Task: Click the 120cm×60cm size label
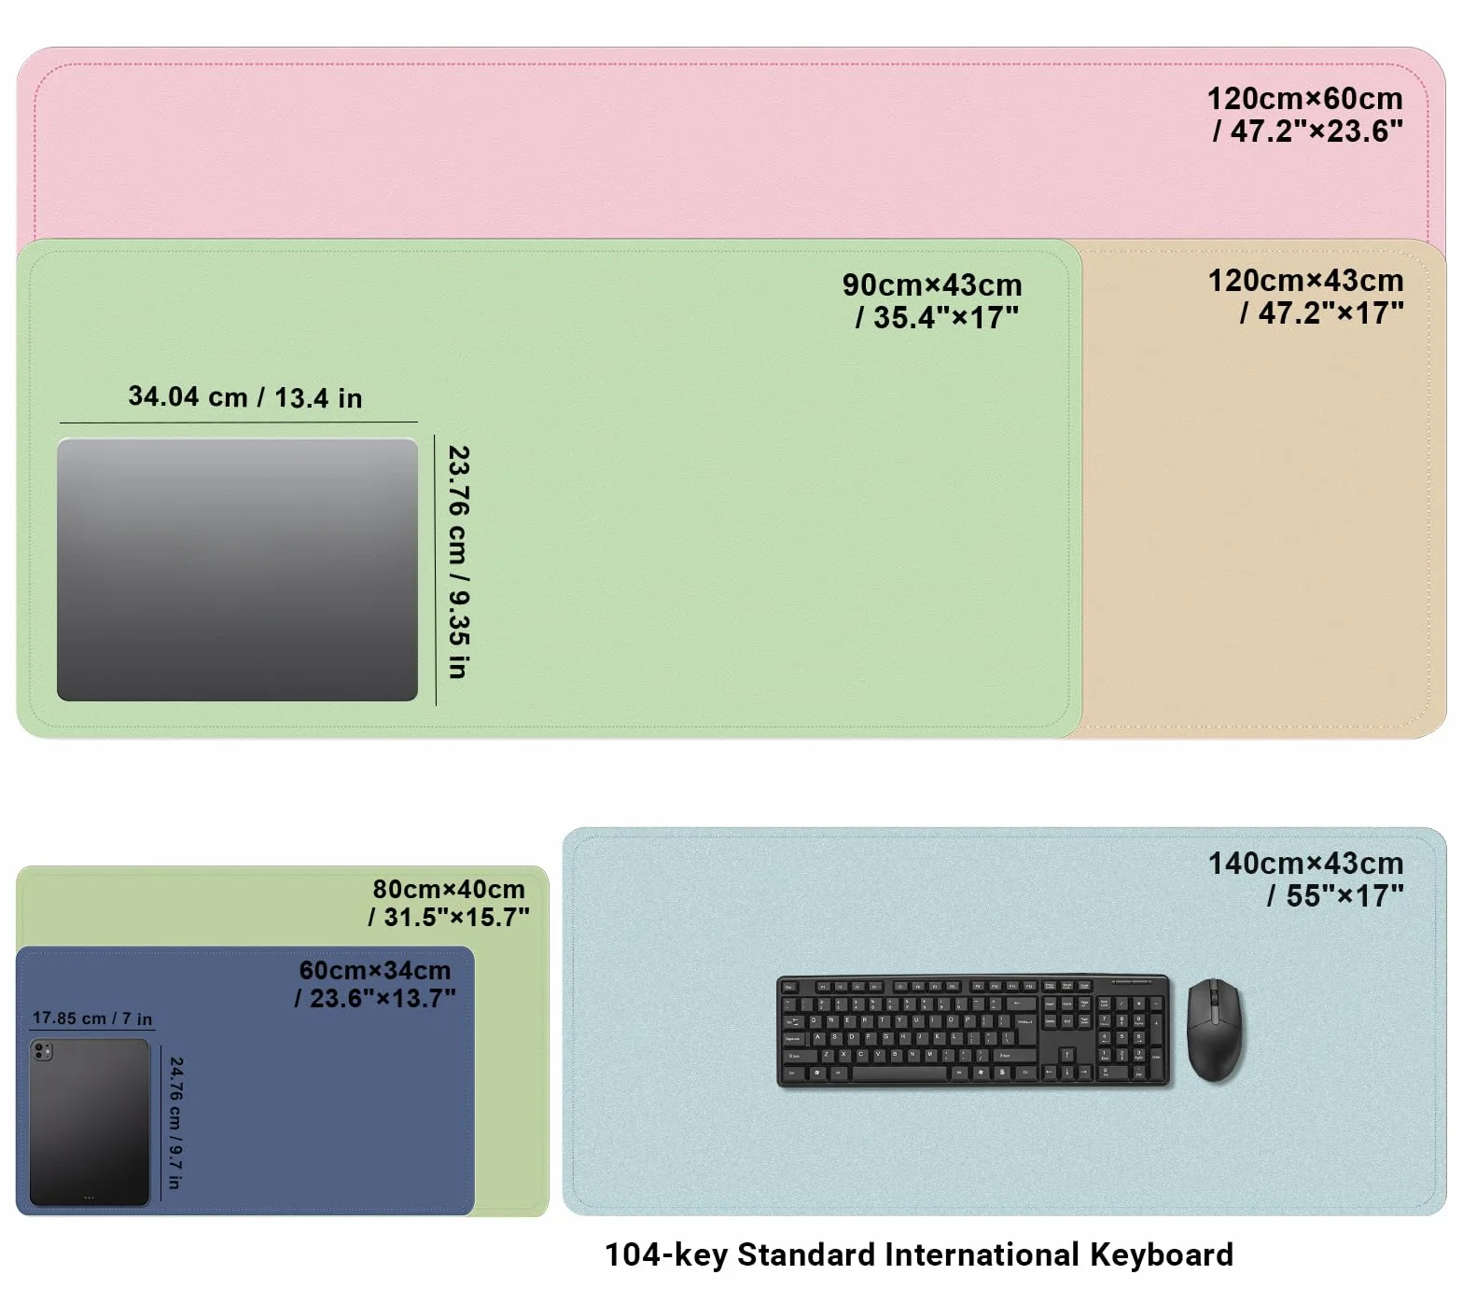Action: (x=1304, y=115)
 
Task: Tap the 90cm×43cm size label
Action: (x=932, y=301)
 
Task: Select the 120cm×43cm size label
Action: (x=1305, y=297)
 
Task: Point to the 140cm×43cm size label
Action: (x=1305, y=880)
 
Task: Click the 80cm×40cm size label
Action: (x=449, y=903)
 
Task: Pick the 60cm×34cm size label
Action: (x=375, y=984)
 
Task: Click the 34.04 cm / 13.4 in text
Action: (x=245, y=397)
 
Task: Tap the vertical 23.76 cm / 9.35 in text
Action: (x=458, y=561)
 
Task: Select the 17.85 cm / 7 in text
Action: (x=92, y=1018)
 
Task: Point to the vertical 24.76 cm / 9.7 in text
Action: (x=175, y=1123)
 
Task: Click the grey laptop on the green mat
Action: (x=237, y=570)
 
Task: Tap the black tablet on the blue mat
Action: (x=90, y=1122)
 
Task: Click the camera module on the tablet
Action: (x=43, y=1052)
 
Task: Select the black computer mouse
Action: (x=1214, y=1030)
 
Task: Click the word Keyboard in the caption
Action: (x=1162, y=1255)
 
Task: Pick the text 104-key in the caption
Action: (x=666, y=1255)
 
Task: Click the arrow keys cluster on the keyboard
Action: (x=1066, y=1065)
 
